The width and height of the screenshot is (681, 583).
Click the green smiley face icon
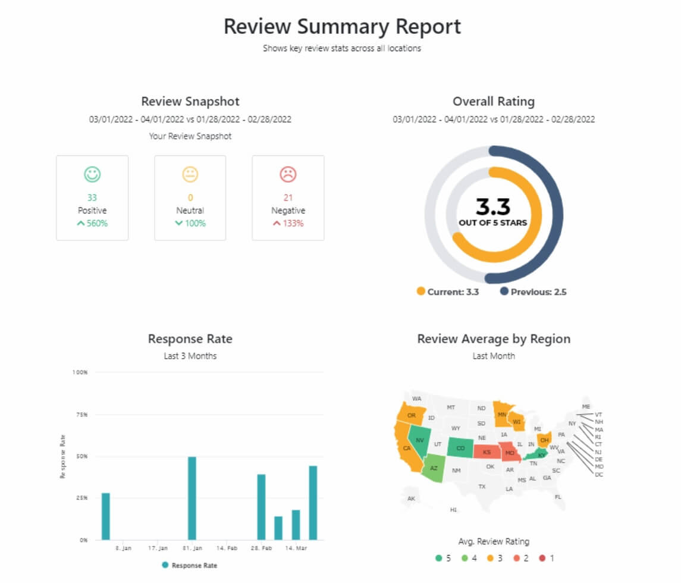(x=92, y=174)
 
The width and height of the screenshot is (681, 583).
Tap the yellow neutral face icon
(x=190, y=174)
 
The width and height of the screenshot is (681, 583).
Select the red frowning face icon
(x=288, y=174)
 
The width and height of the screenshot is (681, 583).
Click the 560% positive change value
(x=92, y=224)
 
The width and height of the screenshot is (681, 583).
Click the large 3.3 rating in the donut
(x=493, y=206)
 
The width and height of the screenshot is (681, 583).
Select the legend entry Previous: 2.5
(x=533, y=292)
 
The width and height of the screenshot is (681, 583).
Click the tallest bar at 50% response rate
(x=192, y=498)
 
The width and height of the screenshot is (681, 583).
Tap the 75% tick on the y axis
(x=80, y=414)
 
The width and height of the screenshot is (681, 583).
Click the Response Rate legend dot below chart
(x=165, y=565)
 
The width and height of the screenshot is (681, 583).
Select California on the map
(x=407, y=447)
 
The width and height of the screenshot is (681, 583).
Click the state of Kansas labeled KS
(x=487, y=453)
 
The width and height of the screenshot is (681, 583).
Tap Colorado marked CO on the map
(x=460, y=448)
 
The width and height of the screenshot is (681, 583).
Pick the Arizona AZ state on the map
(x=434, y=468)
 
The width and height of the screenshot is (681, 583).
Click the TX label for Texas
(x=482, y=487)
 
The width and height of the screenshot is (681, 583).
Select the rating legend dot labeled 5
(x=438, y=558)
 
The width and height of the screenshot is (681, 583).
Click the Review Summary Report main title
(x=342, y=27)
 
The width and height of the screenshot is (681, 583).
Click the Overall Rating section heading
(x=493, y=102)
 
